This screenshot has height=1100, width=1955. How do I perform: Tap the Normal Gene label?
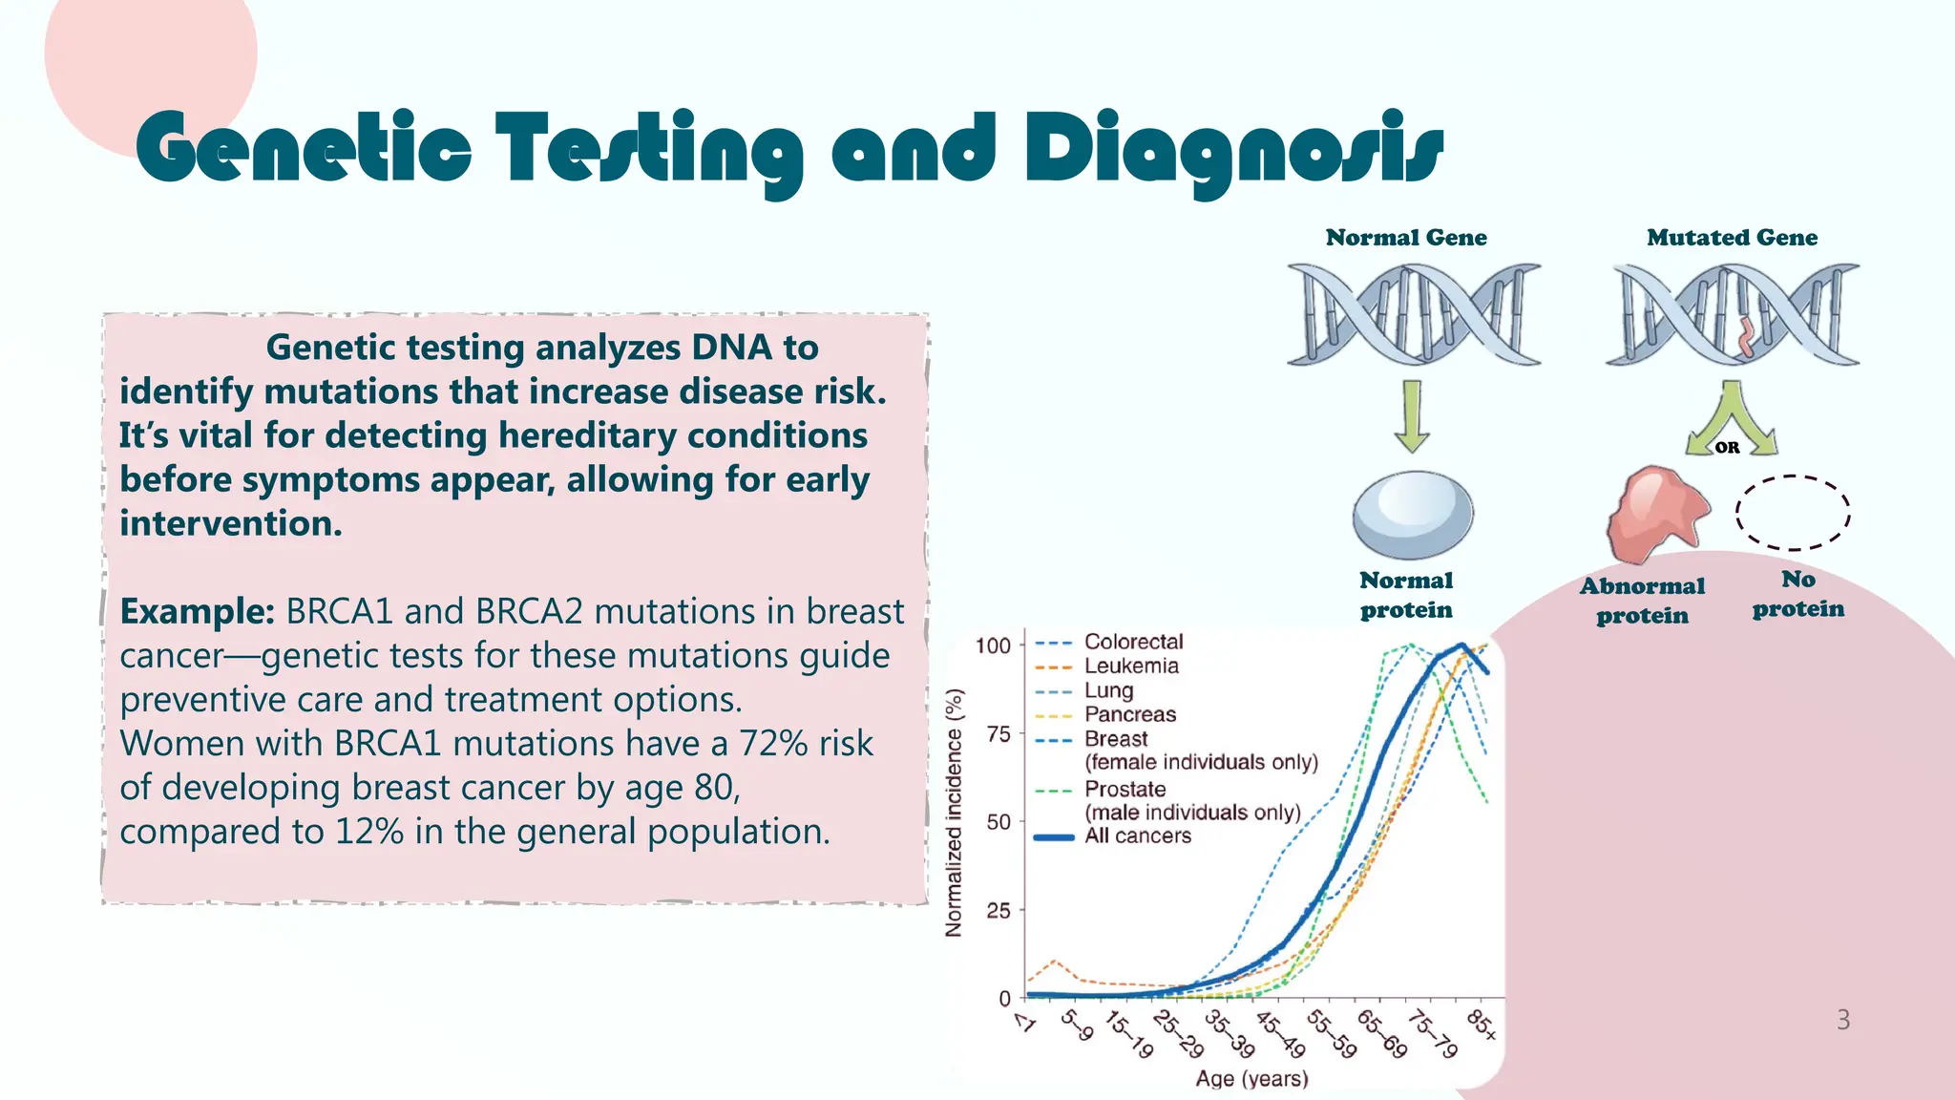click(x=1405, y=238)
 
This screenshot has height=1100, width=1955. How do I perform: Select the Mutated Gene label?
click(x=1732, y=238)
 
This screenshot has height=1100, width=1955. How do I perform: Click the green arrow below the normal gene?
click(x=1412, y=416)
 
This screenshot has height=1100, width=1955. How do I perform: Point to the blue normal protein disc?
click(x=1413, y=515)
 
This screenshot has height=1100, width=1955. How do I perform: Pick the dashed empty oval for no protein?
click(x=1793, y=513)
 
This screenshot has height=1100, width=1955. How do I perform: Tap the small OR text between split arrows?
click(x=1728, y=447)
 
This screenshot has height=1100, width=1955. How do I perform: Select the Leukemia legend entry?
click(x=1131, y=666)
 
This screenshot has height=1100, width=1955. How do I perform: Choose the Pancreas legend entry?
click(x=1129, y=714)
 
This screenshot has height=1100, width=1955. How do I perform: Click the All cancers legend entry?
click(x=1137, y=836)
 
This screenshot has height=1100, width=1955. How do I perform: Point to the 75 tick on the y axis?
click(x=999, y=734)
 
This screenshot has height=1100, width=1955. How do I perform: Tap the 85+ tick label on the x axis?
click(x=1482, y=1024)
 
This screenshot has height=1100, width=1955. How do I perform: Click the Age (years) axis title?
click(x=1251, y=1079)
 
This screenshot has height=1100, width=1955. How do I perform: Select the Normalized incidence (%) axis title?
click(x=954, y=813)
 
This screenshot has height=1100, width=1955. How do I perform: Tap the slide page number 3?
click(x=1842, y=1020)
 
